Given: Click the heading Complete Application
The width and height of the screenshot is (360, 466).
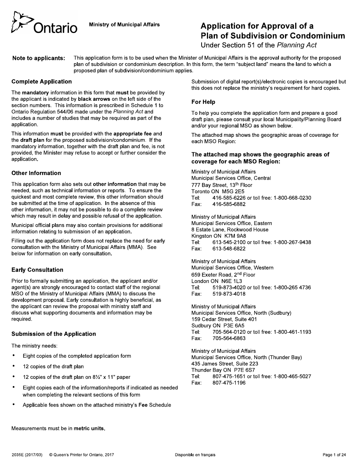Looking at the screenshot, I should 41,81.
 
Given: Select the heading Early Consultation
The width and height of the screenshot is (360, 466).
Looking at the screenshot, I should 37,270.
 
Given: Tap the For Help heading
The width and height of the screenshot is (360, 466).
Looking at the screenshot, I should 203,102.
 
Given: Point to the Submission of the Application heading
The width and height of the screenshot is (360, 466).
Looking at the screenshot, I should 53,334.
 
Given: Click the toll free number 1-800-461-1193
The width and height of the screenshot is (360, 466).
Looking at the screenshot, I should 293,332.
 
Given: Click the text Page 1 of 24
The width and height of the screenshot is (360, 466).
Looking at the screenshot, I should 334,455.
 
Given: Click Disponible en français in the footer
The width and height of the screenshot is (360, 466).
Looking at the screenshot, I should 195,455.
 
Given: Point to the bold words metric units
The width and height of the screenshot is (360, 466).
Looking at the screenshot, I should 89,428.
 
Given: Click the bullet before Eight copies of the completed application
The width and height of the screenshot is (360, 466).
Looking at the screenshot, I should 14,356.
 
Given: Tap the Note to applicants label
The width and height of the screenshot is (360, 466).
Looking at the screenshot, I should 38,58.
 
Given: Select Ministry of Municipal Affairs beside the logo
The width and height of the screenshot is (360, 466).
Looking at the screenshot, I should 124,25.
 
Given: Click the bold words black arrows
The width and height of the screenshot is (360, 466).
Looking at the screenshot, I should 94,99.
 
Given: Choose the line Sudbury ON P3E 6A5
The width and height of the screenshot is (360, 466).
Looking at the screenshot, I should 218,325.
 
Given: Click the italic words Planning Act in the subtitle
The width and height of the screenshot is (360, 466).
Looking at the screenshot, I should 297,45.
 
